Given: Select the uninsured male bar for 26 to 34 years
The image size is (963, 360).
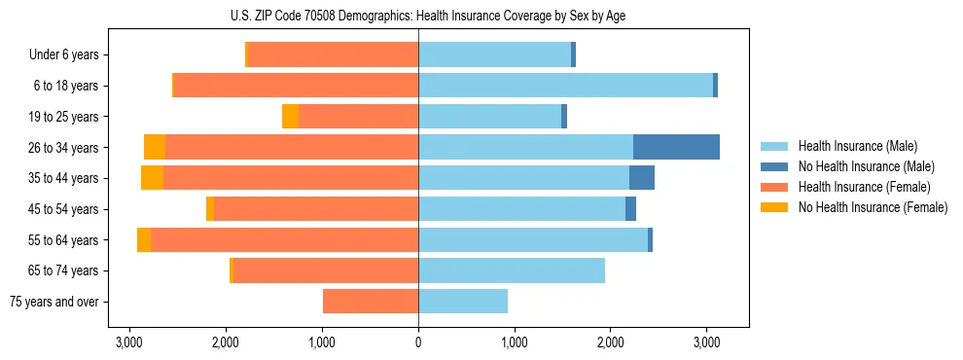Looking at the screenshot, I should [x=676, y=147].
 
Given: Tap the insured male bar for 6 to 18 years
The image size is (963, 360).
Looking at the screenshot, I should [x=565, y=86].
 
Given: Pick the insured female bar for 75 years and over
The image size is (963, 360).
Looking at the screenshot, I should [x=371, y=302].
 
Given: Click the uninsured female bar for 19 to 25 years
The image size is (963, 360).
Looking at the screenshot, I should [x=290, y=117].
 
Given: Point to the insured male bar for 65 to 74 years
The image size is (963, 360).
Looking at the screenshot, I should [x=512, y=270].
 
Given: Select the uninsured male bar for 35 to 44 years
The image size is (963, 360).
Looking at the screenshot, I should [x=642, y=178].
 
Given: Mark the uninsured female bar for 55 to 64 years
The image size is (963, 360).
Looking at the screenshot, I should [x=144, y=240].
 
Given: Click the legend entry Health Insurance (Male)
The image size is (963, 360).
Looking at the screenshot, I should [x=857, y=146].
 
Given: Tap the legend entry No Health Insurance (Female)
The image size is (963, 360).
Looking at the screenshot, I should [x=873, y=207].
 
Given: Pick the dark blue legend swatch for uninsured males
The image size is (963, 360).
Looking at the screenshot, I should [x=776, y=166].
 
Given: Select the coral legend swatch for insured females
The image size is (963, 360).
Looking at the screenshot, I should [x=776, y=187].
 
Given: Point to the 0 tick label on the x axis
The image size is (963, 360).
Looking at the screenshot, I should [x=418, y=342].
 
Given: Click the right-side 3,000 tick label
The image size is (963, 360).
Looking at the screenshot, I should [x=706, y=342].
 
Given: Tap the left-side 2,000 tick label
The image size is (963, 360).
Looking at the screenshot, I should [x=226, y=342].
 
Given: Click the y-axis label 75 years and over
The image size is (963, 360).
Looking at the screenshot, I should [x=54, y=302].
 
